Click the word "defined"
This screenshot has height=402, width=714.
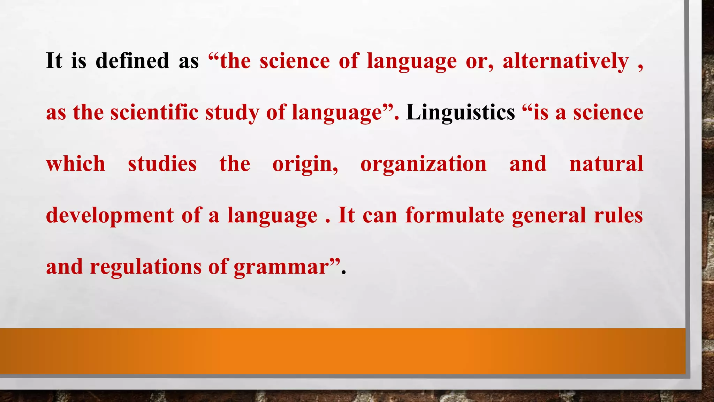click(x=132, y=61)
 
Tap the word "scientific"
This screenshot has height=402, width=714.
click(x=154, y=112)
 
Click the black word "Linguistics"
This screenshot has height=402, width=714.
click(x=461, y=112)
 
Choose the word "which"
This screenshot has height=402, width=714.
click(x=76, y=164)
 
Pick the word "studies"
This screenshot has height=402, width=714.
click(x=162, y=164)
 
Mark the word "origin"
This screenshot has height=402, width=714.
click(x=304, y=164)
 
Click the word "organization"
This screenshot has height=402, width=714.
click(x=423, y=164)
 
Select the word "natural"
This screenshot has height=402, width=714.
click(x=606, y=164)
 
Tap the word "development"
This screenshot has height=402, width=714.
click(x=109, y=216)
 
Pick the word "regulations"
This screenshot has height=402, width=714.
click(x=146, y=267)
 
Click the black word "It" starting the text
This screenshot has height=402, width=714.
click(x=54, y=61)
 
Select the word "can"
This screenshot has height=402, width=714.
click(x=380, y=216)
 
